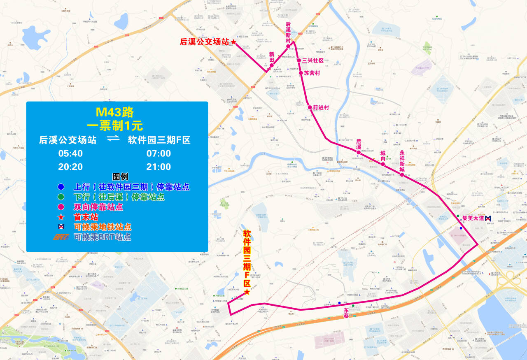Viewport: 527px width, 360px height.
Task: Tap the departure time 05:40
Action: (x=70, y=153)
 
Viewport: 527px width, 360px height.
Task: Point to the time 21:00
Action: (x=159, y=167)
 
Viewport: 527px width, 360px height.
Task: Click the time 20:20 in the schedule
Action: (x=70, y=167)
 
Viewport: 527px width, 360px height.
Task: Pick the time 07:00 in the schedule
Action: (x=159, y=153)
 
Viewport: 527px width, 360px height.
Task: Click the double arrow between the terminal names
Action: (x=112, y=140)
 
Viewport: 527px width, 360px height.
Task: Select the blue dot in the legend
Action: (x=61, y=187)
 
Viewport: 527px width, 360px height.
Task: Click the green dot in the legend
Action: (x=61, y=197)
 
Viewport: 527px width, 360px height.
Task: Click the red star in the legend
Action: (x=61, y=217)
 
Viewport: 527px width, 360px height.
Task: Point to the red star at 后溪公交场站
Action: (x=233, y=42)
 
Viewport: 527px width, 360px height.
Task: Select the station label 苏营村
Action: (x=312, y=73)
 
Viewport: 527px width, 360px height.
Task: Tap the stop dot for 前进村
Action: (x=310, y=107)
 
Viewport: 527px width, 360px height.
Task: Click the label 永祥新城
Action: (x=402, y=161)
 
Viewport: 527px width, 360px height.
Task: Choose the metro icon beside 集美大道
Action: (x=488, y=218)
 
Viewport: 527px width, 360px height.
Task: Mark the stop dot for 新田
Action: (x=272, y=65)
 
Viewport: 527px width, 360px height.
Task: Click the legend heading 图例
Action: (x=120, y=177)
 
